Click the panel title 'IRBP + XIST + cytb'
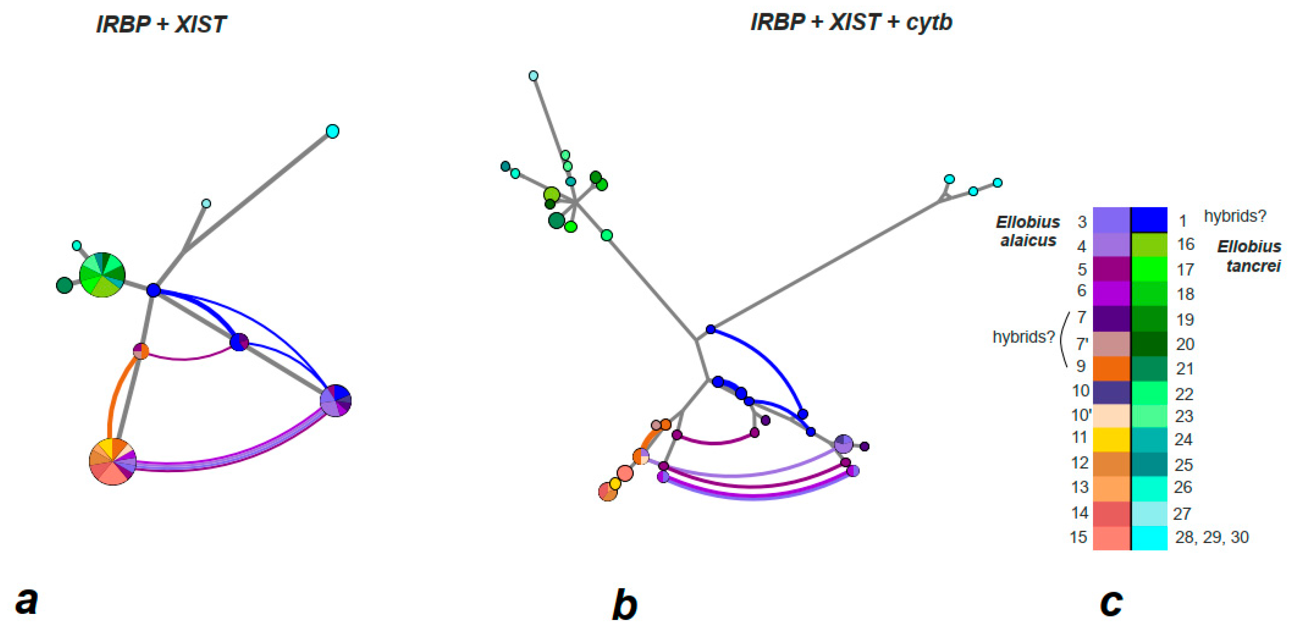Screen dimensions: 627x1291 coord(851,22)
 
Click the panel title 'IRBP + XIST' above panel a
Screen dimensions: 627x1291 coord(161,25)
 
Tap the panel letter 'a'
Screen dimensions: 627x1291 coord(26,600)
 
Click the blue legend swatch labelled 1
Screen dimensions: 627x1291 coord(1150,219)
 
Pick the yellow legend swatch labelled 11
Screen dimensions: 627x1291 coord(1111,440)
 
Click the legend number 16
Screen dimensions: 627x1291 coord(1185,245)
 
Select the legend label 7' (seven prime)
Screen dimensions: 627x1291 coord(1082,344)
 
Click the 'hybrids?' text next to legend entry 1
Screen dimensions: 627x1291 coord(1235,216)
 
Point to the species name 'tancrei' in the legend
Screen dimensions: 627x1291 coord(1253,266)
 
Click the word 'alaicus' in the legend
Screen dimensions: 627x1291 coord(1028,241)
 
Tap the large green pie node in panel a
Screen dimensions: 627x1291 coord(102,275)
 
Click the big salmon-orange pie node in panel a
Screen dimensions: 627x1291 coord(112,461)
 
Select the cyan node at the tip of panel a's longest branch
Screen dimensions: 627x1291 coord(332,131)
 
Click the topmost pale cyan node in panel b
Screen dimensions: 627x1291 coord(533,76)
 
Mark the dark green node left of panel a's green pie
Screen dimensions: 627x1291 coord(64,285)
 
